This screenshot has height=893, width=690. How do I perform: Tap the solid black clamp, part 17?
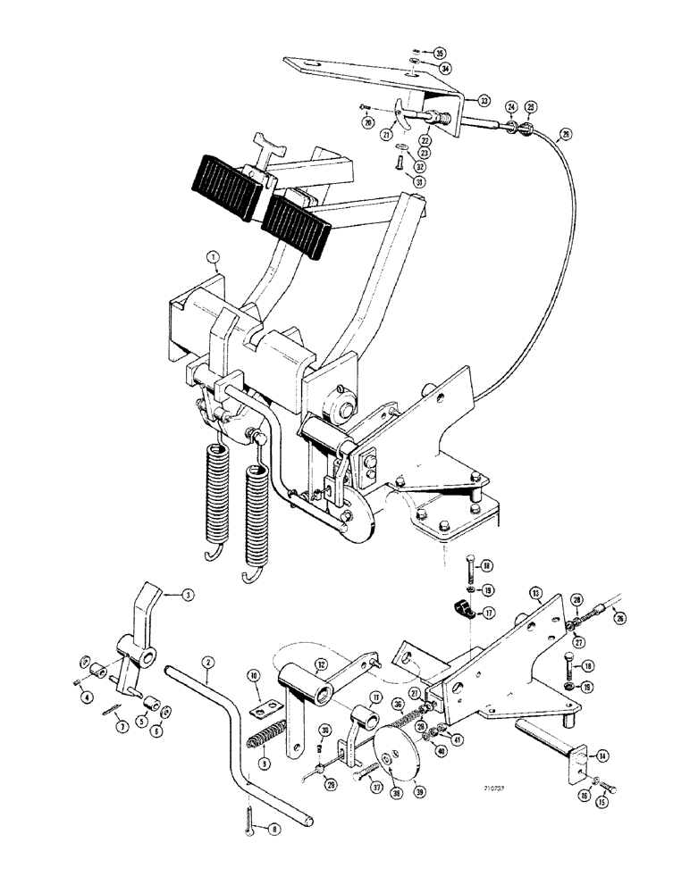[x=463, y=611]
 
